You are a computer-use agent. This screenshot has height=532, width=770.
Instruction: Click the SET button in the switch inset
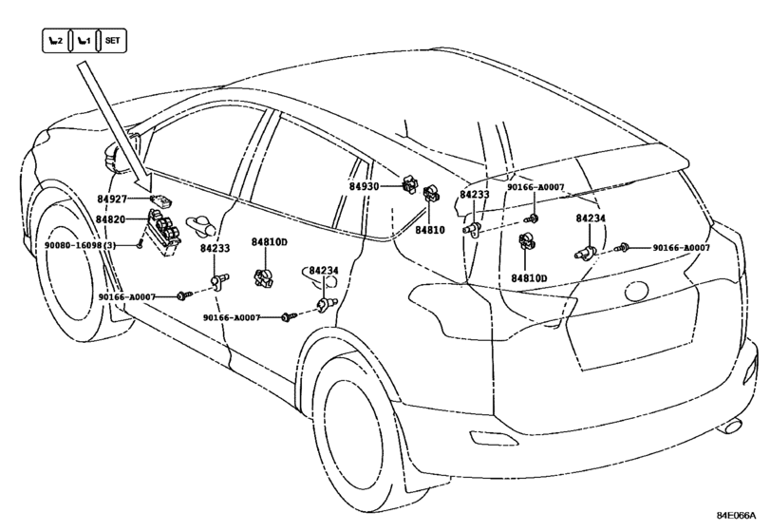tap(112, 40)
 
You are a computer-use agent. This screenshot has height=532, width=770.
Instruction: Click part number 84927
tap(112, 199)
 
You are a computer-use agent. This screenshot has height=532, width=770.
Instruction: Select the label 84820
tap(110, 219)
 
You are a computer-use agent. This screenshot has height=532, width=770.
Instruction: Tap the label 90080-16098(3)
tap(81, 245)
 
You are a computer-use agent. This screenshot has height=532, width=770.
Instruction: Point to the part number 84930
tap(365, 186)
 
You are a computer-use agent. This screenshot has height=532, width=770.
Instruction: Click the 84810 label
tap(430, 230)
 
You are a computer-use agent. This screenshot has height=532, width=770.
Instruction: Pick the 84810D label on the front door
tap(270, 241)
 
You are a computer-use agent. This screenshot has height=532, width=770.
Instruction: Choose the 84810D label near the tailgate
tap(530, 278)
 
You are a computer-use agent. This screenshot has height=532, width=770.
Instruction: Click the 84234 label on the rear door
tap(324, 271)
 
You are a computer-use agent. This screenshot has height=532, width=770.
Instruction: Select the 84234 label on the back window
tap(591, 218)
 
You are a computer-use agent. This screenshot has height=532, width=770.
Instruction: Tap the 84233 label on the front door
tap(215, 248)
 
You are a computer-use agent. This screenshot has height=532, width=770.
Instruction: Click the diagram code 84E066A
tap(736, 516)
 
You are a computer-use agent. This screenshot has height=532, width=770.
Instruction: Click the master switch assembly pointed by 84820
tap(164, 232)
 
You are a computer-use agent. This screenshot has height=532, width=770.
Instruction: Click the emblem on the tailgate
tap(637, 293)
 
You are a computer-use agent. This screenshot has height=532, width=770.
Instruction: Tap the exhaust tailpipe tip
tap(729, 426)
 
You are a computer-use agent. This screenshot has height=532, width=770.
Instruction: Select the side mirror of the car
tap(112, 157)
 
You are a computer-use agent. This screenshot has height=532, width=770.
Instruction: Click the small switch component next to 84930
tap(409, 184)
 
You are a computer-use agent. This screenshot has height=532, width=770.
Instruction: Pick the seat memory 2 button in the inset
tap(55, 40)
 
